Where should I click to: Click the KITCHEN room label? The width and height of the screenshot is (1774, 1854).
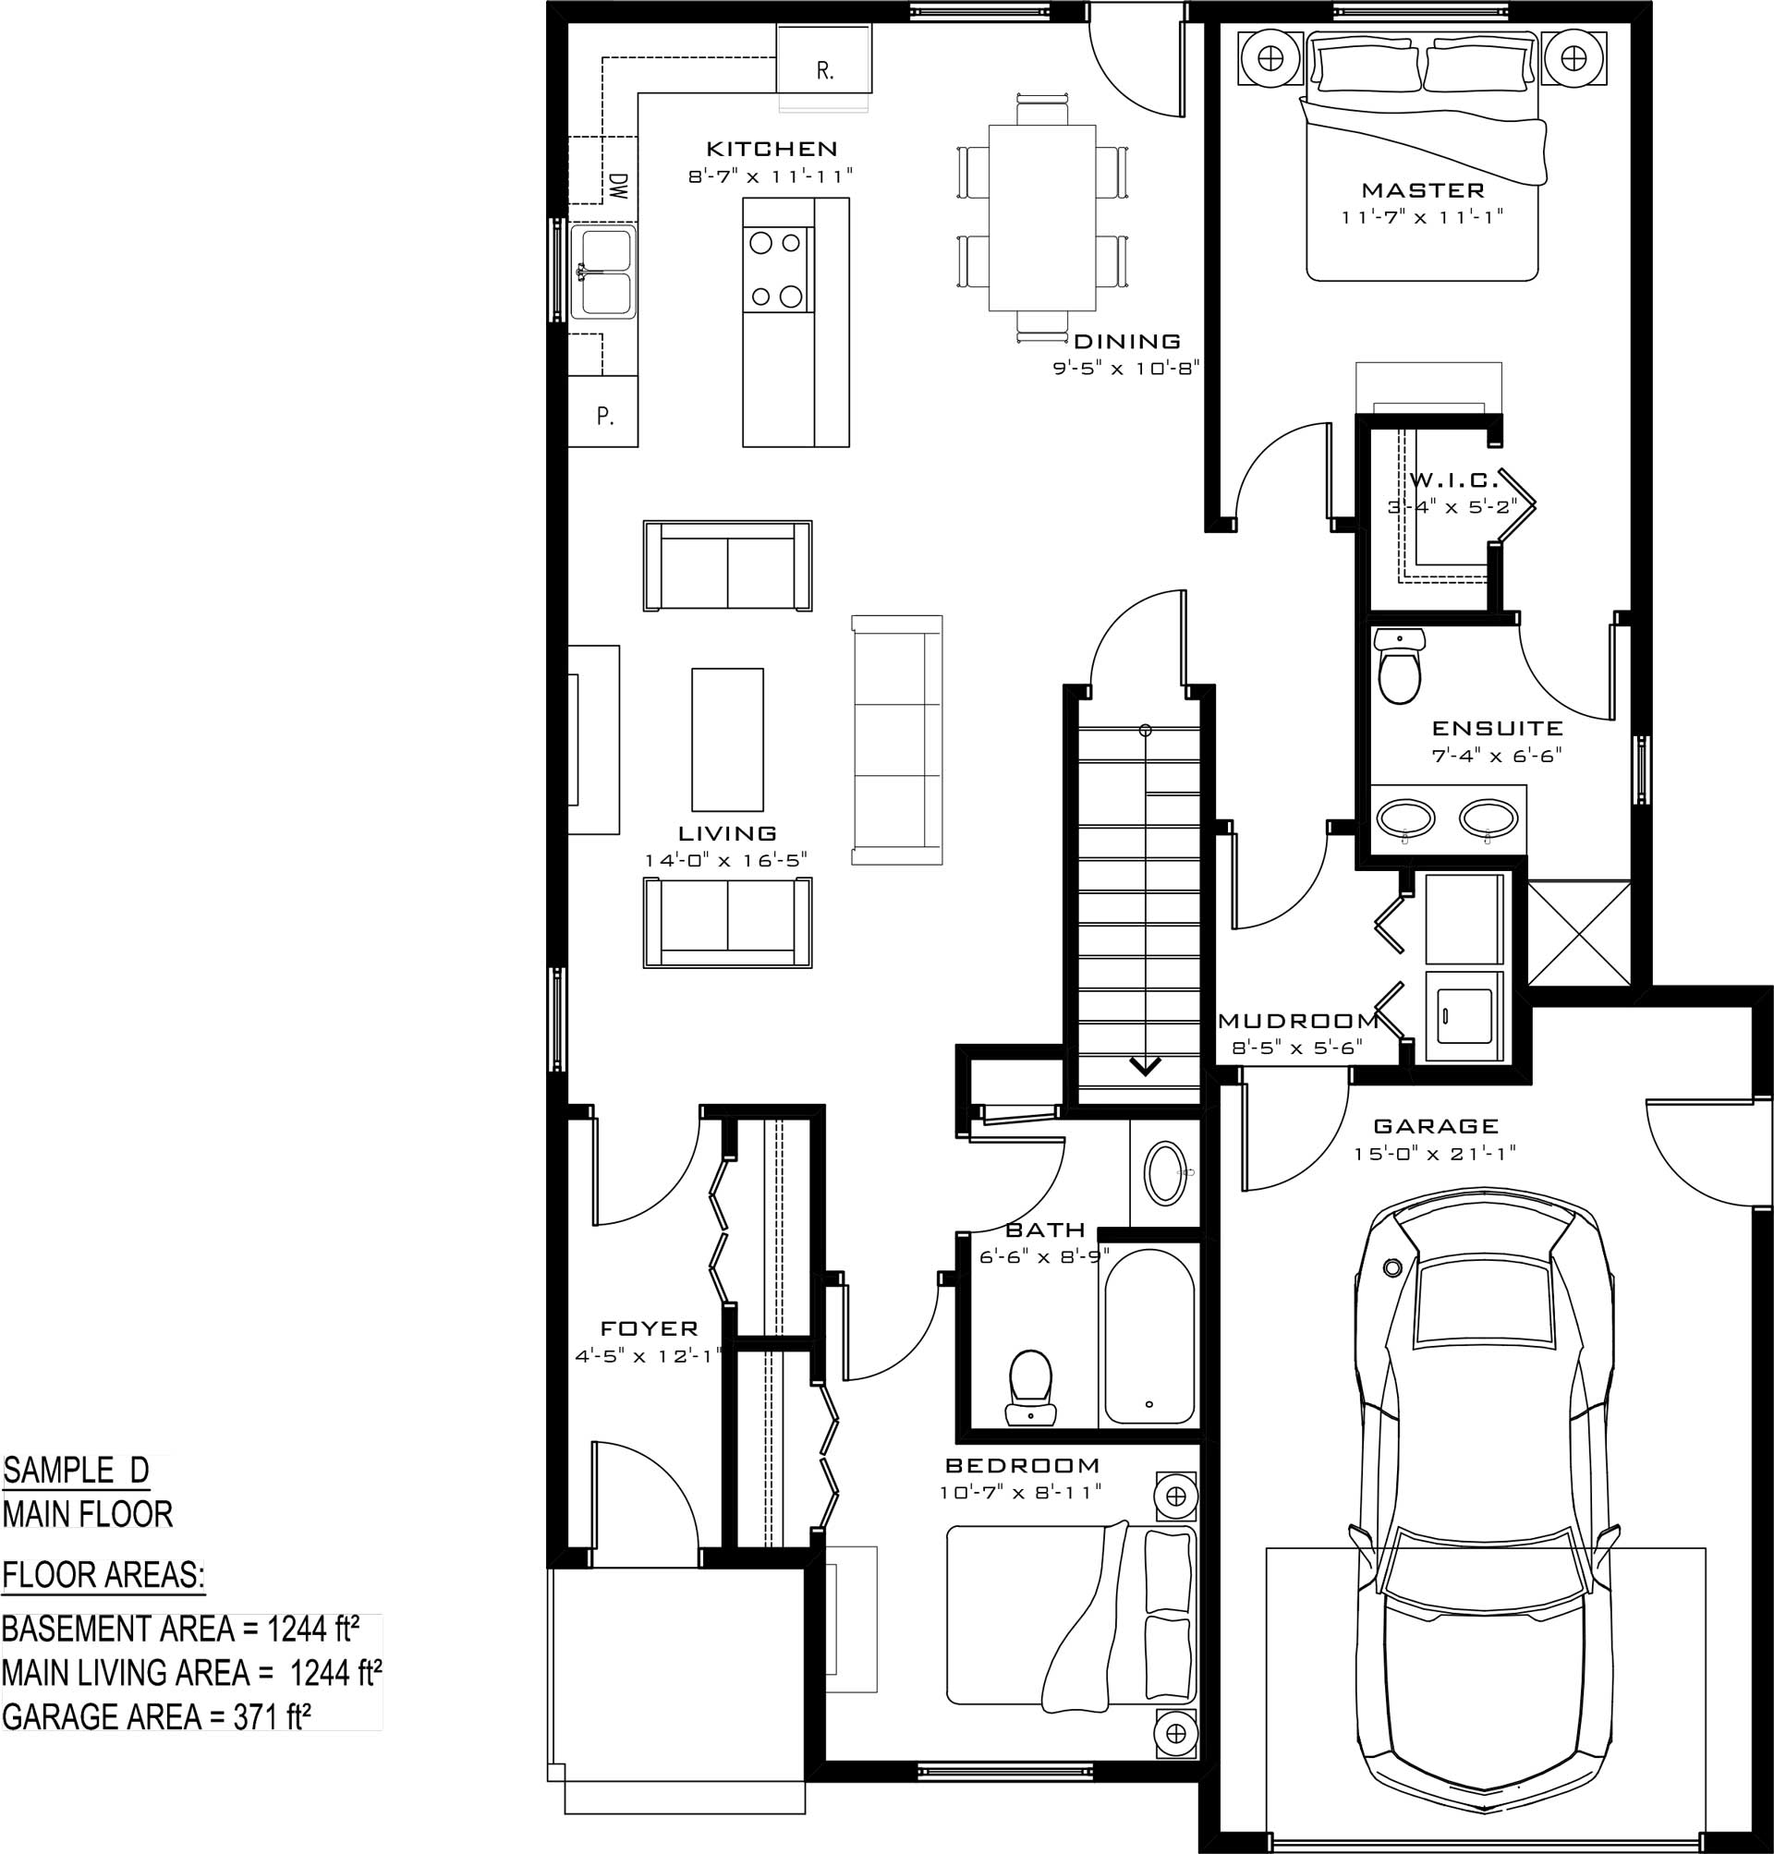(772, 149)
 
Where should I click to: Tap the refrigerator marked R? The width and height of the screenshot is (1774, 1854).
(823, 57)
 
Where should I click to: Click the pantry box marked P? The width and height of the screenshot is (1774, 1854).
(602, 411)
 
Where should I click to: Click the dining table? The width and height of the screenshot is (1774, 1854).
(1042, 217)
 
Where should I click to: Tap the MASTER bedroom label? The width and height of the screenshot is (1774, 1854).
(1422, 190)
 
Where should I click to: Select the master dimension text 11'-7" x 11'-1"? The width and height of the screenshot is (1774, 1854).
(1422, 217)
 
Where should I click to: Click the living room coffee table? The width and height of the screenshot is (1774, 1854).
(727, 739)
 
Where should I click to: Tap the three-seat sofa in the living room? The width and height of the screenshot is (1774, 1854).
(896, 739)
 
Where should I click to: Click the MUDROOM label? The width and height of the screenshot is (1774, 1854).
(1297, 1021)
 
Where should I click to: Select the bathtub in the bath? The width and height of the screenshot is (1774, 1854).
(1148, 1336)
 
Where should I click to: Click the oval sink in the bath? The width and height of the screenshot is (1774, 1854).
(1166, 1172)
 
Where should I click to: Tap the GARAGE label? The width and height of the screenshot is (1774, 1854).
(1436, 1126)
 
